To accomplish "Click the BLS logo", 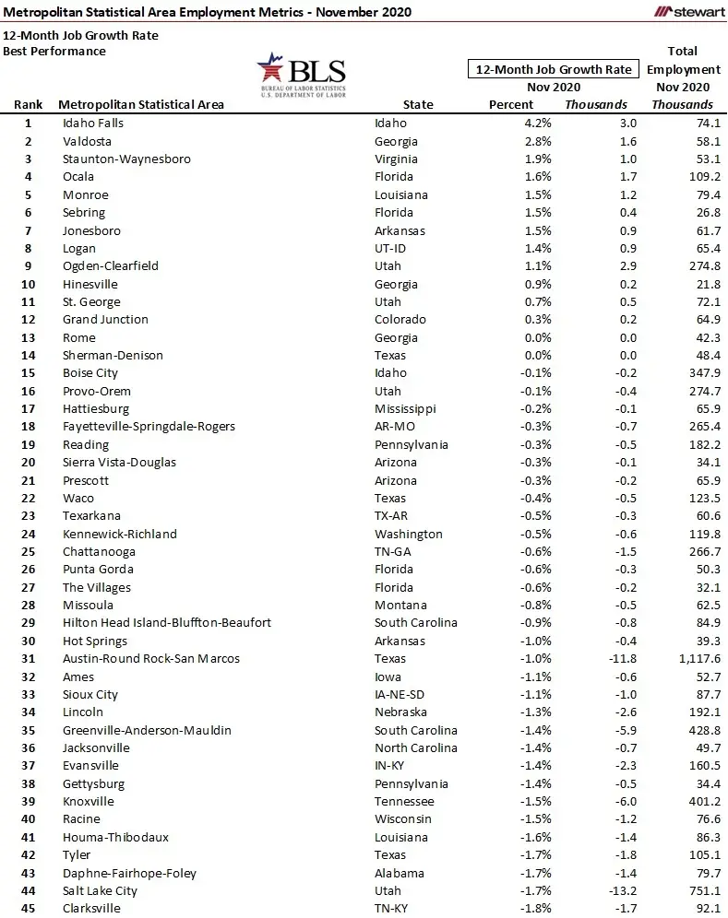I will [x=302, y=75].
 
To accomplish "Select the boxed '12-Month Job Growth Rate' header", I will [x=553, y=69].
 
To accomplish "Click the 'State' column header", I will [x=418, y=104].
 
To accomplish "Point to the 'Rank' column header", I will [x=29, y=104].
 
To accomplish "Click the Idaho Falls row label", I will [x=92, y=123].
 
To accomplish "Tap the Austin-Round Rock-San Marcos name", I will [x=150, y=658].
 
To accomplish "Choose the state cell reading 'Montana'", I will [x=400, y=605].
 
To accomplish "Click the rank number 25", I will [x=29, y=551].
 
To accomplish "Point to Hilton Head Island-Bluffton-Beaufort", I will [x=166, y=622].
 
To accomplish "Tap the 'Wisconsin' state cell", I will [x=403, y=819].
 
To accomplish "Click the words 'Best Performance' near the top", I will [x=54, y=51].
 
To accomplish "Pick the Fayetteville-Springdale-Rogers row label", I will [x=149, y=426].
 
